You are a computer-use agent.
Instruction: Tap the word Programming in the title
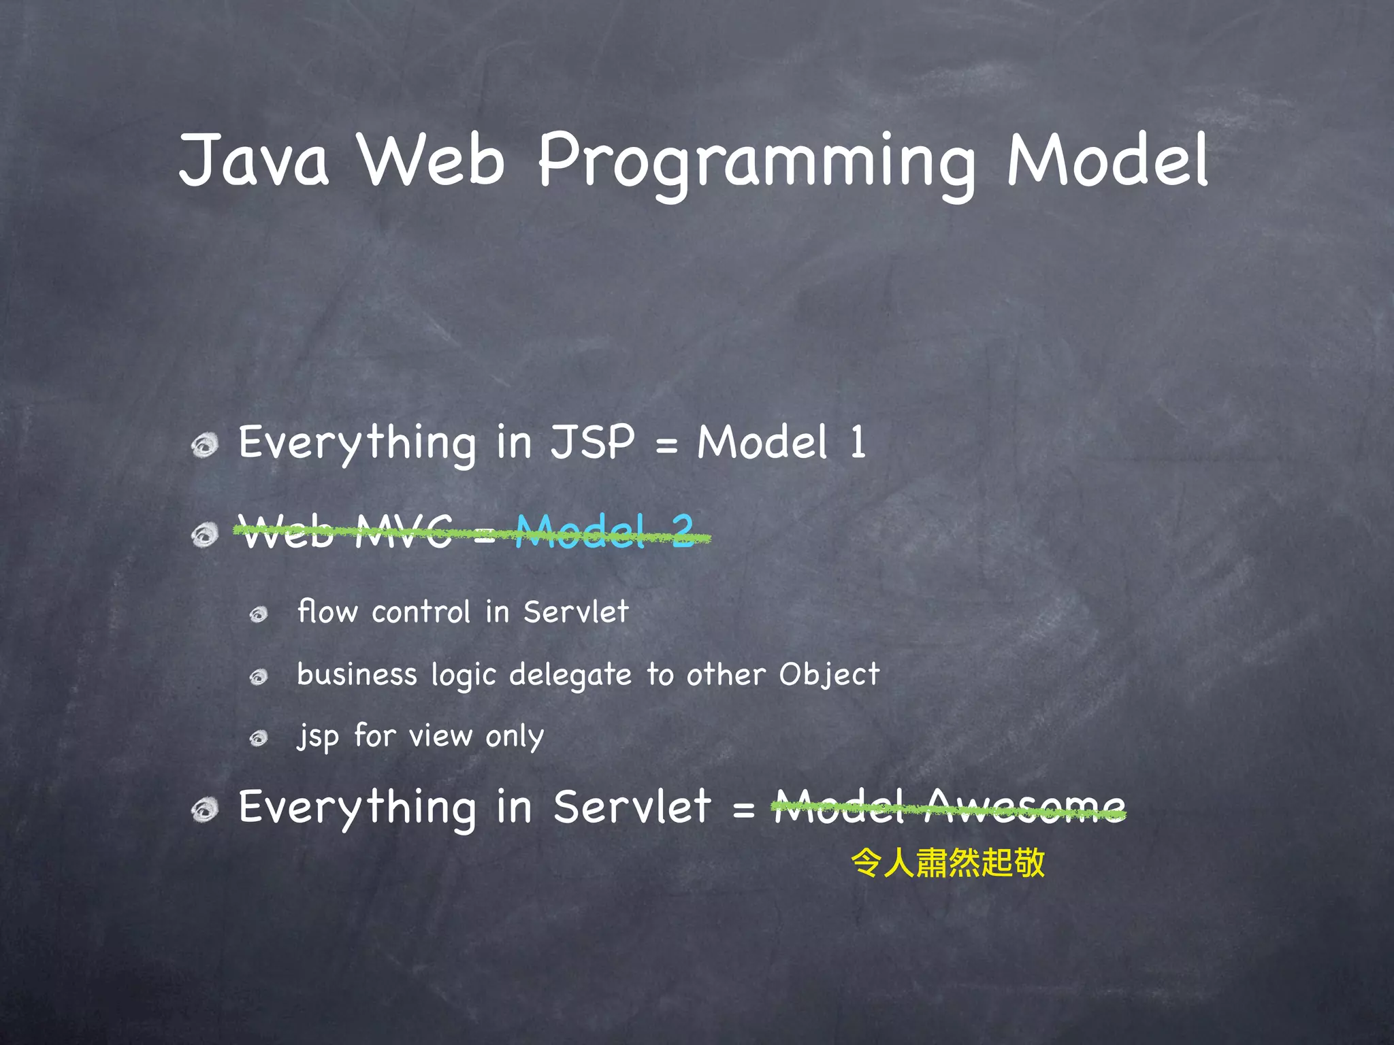tap(756, 163)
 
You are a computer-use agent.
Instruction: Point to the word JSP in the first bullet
tap(592, 442)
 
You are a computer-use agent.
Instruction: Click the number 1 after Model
tap(858, 442)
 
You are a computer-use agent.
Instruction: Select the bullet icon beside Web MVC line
tap(204, 535)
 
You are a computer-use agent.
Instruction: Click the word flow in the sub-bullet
tap(327, 612)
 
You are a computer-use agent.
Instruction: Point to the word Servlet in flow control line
tap(576, 612)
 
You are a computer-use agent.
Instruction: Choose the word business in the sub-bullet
tap(357, 675)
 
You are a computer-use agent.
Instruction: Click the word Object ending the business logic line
tap(829, 675)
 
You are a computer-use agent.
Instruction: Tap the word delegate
tap(570, 675)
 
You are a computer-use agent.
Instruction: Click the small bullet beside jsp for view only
tap(259, 739)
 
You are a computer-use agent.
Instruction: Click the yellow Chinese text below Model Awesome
tap(947, 863)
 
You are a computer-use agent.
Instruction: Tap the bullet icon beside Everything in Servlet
tap(204, 810)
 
